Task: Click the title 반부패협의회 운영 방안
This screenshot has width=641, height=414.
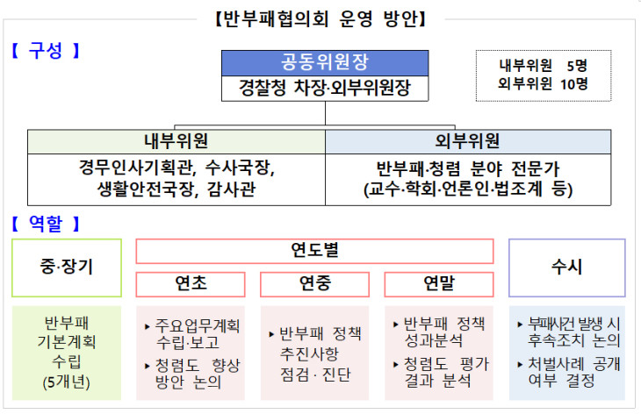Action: point(320,18)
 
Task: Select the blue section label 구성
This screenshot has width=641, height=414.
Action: point(46,51)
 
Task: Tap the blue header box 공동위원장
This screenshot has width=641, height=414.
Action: point(325,63)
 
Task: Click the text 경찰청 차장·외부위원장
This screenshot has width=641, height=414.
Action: point(325,88)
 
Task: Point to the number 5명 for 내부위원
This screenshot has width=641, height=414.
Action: point(577,65)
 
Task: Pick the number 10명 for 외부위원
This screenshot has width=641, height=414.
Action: point(574,84)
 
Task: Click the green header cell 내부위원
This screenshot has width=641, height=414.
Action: point(176,142)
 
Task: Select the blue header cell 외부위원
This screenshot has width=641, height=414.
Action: point(468,142)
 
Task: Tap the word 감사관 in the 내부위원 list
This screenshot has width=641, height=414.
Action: point(232,189)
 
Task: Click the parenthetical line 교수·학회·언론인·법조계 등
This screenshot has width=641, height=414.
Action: point(468,189)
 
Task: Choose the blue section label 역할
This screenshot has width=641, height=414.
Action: point(46,224)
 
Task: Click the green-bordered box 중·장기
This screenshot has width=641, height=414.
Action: point(67,268)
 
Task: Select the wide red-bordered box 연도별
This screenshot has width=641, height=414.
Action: point(314,251)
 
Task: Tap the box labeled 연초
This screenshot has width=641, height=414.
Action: point(191,284)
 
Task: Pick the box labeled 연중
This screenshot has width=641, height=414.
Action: point(314,284)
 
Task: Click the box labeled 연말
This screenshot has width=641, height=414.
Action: point(439,284)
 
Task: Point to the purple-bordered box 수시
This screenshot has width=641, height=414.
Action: point(567,268)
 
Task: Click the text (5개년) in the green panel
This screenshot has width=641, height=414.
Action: point(67,382)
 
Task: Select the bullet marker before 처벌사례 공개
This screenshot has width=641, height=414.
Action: point(520,364)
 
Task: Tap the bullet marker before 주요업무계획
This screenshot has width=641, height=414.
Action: point(148,326)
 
